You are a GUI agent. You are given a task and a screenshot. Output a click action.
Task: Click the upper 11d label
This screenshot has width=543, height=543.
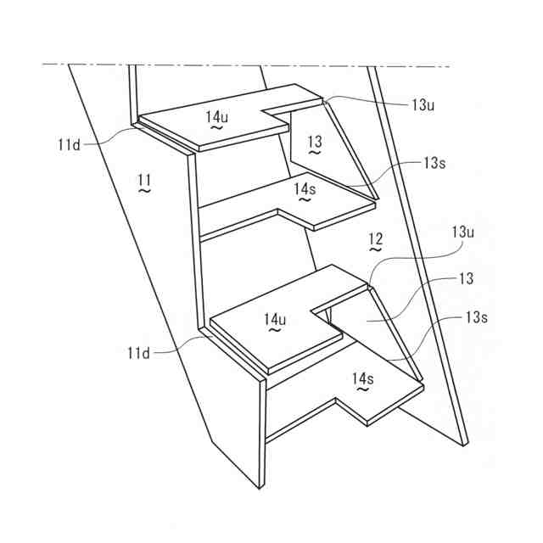(69, 145)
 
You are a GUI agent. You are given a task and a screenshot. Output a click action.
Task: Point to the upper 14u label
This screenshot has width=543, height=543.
(216, 115)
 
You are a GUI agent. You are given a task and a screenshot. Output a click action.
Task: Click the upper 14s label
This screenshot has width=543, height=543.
(304, 189)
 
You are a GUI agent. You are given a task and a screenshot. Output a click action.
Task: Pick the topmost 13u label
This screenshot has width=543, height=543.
(424, 105)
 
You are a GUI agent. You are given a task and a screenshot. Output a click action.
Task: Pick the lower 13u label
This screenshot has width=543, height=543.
(462, 231)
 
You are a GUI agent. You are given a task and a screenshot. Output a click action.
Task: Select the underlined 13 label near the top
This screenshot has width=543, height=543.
(315, 142)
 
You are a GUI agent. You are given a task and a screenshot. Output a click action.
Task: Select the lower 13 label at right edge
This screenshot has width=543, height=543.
(465, 279)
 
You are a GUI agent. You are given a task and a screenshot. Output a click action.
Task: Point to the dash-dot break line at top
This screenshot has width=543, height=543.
(255, 64)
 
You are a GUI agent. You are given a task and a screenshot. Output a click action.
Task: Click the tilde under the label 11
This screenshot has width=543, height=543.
(144, 192)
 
